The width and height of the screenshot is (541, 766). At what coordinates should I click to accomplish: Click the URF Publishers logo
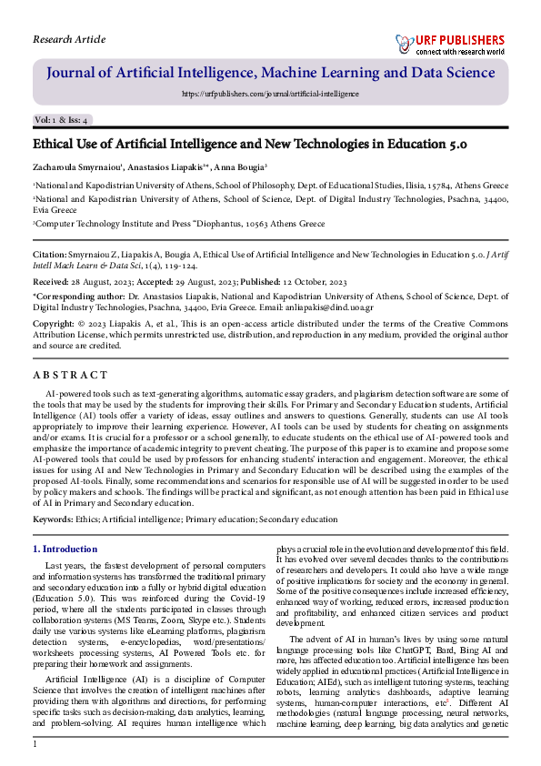pyautogui.click(x=449, y=43)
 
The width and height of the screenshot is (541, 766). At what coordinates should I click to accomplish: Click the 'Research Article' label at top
pyautogui.click(x=69, y=39)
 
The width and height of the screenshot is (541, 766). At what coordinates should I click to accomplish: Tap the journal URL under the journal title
pyautogui.click(x=270, y=93)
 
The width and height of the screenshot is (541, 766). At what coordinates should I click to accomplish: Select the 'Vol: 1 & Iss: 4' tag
pyautogui.click(x=61, y=120)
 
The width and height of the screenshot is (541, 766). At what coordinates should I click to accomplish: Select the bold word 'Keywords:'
pyautogui.click(x=53, y=519)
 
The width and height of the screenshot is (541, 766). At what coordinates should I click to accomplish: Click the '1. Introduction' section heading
pyautogui.click(x=65, y=549)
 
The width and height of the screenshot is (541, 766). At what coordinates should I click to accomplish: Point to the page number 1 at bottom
pyautogui.click(x=35, y=745)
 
